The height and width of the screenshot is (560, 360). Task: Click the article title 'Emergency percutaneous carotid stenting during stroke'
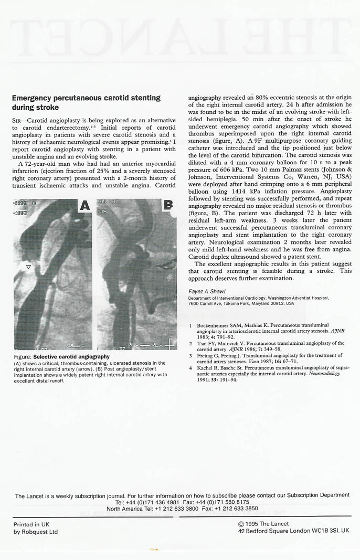[x=86, y=102]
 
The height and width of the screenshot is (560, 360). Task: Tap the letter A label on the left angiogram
[x=84, y=206]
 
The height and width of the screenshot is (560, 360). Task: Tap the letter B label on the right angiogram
[x=168, y=205]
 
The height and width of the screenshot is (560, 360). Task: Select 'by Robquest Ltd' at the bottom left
[x=36, y=532]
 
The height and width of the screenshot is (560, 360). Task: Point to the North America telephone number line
[x=182, y=508]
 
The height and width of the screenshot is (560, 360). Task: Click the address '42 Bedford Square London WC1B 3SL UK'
[x=293, y=531]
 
